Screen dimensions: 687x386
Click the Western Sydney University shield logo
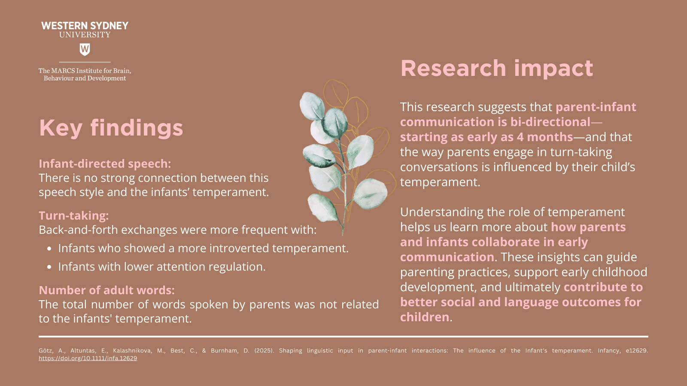click(85, 49)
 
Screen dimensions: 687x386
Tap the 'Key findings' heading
click(111, 128)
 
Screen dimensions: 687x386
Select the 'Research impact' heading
click(497, 69)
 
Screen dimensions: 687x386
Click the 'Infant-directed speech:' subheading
click(105, 163)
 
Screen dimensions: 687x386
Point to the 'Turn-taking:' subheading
click(73, 215)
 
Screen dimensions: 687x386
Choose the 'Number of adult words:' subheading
click(107, 290)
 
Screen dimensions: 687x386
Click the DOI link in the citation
click(88, 358)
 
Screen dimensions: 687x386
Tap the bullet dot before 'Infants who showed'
click(49, 249)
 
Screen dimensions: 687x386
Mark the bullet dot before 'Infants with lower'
click(49, 267)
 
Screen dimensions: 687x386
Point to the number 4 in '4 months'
click(520, 137)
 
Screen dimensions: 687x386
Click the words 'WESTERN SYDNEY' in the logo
click(85, 26)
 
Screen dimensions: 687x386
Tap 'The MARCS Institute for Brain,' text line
click(85, 71)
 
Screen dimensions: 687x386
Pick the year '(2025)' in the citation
click(264, 350)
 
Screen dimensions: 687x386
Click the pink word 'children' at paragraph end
click(425, 317)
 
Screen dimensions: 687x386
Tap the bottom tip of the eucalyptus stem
click(343, 235)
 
